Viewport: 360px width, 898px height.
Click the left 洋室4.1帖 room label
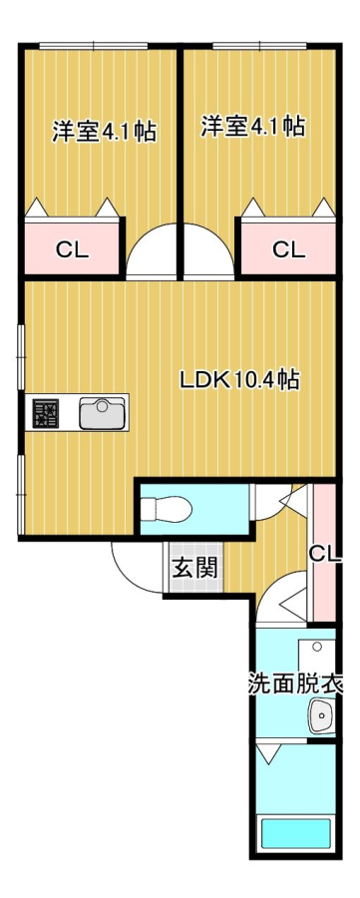point(104,131)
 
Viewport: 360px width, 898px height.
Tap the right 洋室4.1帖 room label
point(252,127)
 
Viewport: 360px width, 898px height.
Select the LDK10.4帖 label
point(239,379)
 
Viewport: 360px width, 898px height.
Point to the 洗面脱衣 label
point(296,685)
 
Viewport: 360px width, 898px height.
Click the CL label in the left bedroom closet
point(72,250)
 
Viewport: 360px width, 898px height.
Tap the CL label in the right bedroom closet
point(288,250)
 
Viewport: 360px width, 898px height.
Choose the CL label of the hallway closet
point(325,553)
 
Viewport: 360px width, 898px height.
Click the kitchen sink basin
point(102,412)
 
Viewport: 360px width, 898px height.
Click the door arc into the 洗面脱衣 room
point(282,604)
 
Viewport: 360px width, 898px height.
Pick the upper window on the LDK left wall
point(19,355)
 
